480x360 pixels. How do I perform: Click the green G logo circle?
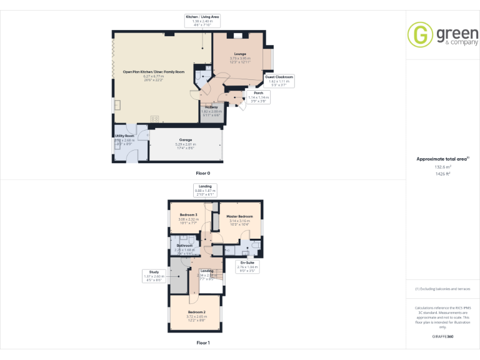(x=420, y=34)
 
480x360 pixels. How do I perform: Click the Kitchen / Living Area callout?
(x=202, y=20)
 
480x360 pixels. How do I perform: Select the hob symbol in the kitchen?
(x=154, y=119)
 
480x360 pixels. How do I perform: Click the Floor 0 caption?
(x=203, y=172)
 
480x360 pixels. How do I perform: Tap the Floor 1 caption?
(x=203, y=342)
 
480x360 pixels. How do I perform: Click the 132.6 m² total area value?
(x=442, y=167)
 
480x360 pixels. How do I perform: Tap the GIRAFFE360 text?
(x=442, y=337)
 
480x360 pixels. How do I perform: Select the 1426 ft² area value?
(x=442, y=173)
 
